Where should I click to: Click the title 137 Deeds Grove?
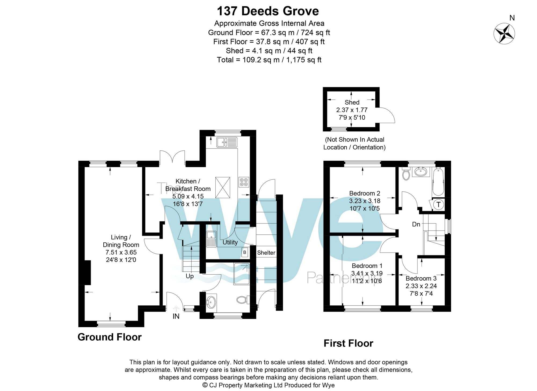click(268, 11)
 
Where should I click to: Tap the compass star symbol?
click(504, 34)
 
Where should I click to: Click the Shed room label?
click(352, 102)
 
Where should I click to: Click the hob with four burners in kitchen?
click(244, 182)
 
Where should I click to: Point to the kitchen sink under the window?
click(227, 142)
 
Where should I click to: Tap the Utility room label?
click(230, 242)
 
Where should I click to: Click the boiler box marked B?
click(245, 252)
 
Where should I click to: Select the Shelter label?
click(266, 253)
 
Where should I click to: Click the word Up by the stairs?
click(190, 276)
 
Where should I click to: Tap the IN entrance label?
click(176, 316)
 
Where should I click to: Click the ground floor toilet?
click(242, 300)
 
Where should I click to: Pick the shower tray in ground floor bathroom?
click(241, 274)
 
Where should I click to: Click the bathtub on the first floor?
click(438, 182)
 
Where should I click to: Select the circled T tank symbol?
click(438, 205)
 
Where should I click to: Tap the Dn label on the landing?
click(416, 224)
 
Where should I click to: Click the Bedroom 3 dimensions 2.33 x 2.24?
click(421, 286)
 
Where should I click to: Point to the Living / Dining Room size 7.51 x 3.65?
click(121, 252)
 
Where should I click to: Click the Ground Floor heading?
click(110, 337)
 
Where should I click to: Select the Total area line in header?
click(269, 60)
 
